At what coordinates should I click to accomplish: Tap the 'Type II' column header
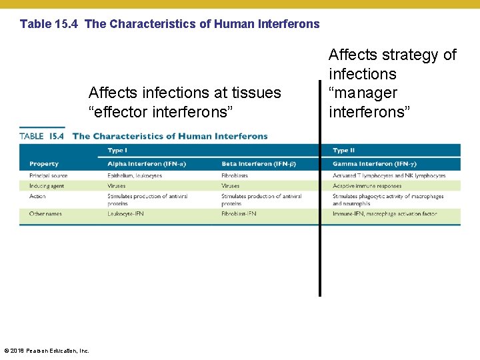point(345,151)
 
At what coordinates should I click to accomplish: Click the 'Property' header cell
point(44,164)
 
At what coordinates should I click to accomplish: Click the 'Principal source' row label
point(48,175)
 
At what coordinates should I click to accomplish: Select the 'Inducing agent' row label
point(47,186)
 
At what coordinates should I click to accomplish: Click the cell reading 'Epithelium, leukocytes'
point(135,175)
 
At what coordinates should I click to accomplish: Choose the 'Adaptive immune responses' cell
point(367,186)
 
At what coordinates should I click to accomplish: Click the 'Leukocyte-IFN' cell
point(125,214)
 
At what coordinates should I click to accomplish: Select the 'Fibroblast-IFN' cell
point(239,214)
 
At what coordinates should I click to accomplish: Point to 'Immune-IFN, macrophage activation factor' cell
point(385,214)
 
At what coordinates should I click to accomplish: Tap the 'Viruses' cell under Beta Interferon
point(230,186)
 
